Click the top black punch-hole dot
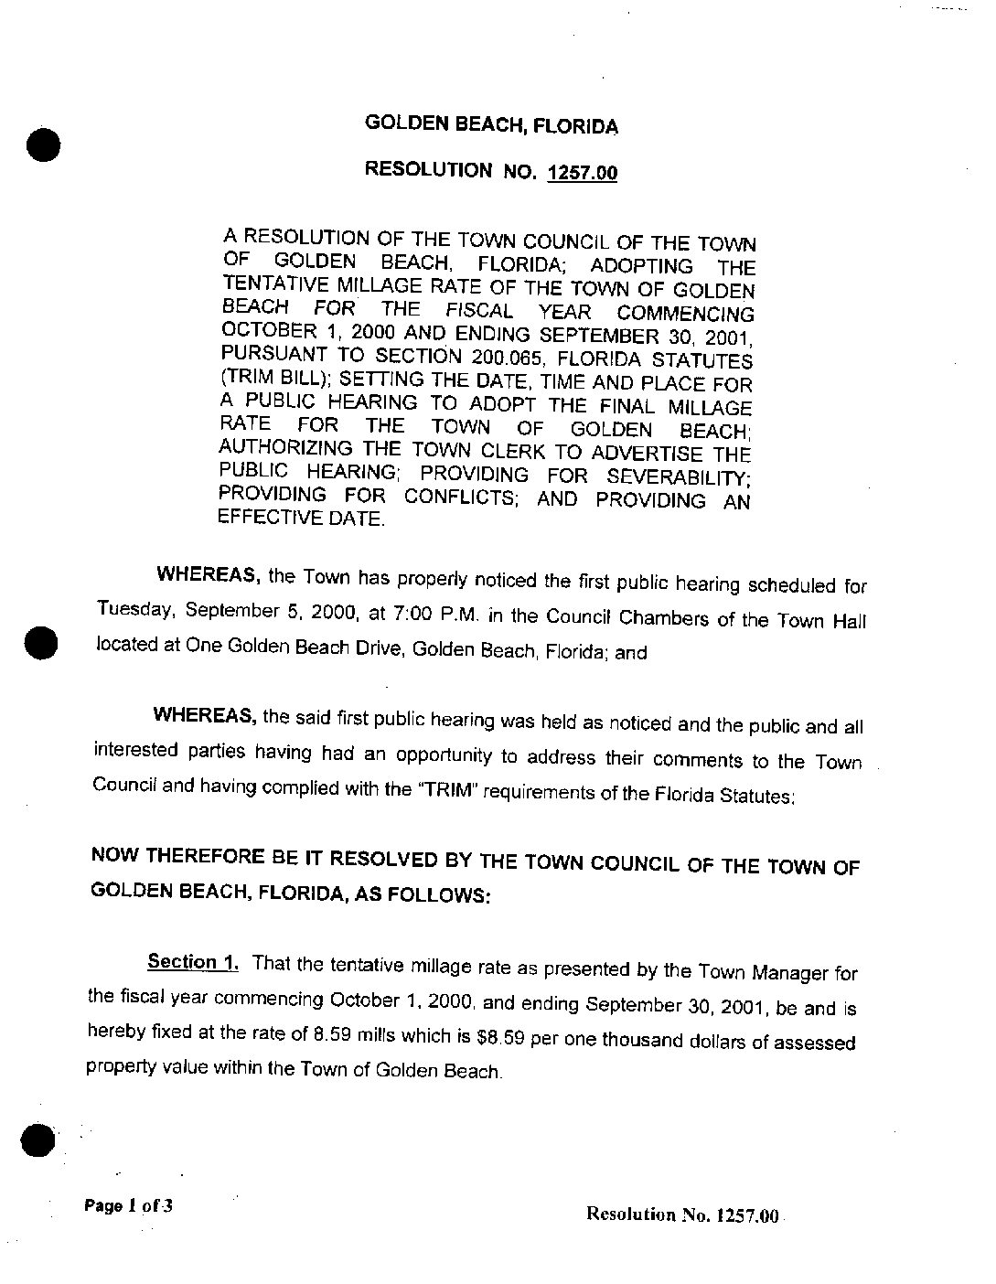pos(42,144)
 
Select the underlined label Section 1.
pos(193,962)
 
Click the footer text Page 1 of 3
pos(128,1205)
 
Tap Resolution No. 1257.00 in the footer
pos(681,1215)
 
